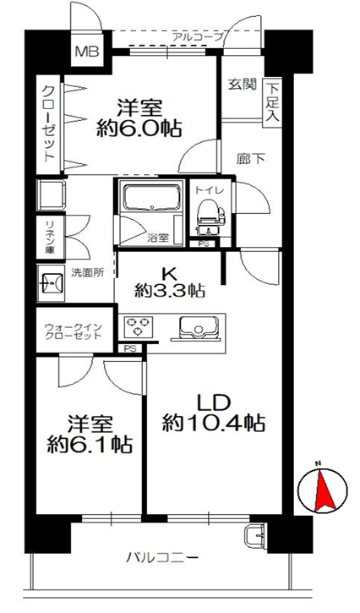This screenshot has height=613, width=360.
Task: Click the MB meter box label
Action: pos(87,52)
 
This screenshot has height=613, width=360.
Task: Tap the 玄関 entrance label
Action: pos(243,84)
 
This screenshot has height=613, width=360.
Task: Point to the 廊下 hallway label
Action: pos(251,159)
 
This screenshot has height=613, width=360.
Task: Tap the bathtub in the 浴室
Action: pos(153,198)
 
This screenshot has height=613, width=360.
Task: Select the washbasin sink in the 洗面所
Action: pos(51,282)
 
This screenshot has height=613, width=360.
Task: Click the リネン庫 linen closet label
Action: pos(50,238)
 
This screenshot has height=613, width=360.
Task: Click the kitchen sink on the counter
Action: pos(198,327)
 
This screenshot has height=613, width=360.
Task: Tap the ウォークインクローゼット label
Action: pos(74,331)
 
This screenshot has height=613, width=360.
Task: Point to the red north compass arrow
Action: pos(325,491)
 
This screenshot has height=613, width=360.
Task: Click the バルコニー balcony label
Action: pos(161,556)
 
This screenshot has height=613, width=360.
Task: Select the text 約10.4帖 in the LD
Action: pos(214,423)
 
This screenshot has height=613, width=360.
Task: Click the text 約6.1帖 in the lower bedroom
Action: pos(90,445)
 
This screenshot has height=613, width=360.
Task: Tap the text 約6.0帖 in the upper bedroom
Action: pos(139,127)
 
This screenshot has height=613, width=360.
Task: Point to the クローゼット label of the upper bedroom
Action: pos(48,124)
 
